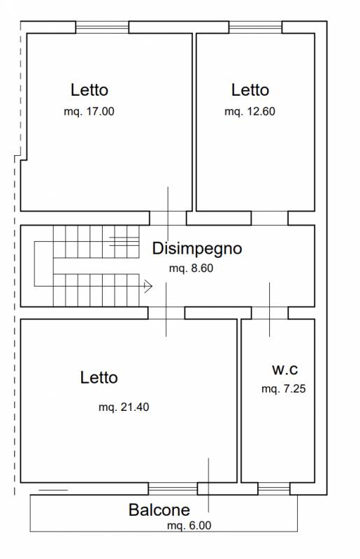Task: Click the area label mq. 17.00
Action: [x=89, y=112]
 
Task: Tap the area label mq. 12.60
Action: [x=250, y=112]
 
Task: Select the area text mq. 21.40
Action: [x=124, y=407]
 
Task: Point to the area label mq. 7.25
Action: [x=284, y=389]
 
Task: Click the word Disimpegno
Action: [x=197, y=249]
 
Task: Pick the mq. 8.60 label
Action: [x=192, y=268]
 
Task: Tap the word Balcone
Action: [x=159, y=510]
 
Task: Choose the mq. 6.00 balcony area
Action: [x=189, y=525]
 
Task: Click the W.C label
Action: [x=285, y=370]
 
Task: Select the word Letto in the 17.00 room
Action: [x=89, y=90]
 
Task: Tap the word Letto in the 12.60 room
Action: [x=250, y=90]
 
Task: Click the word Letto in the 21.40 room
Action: [x=99, y=378]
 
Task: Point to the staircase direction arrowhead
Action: [x=148, y=286]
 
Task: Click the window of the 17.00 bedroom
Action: [x=102, y=27]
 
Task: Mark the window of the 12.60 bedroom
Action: [x=255, y=27]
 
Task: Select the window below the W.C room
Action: [x=274, y=488]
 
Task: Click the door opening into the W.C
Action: [x=270, y=312]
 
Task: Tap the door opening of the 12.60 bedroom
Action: [x=270, y=218]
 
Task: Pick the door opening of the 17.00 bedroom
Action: [x=168, y=218]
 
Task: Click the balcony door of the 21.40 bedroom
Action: [x=173, y=488]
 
